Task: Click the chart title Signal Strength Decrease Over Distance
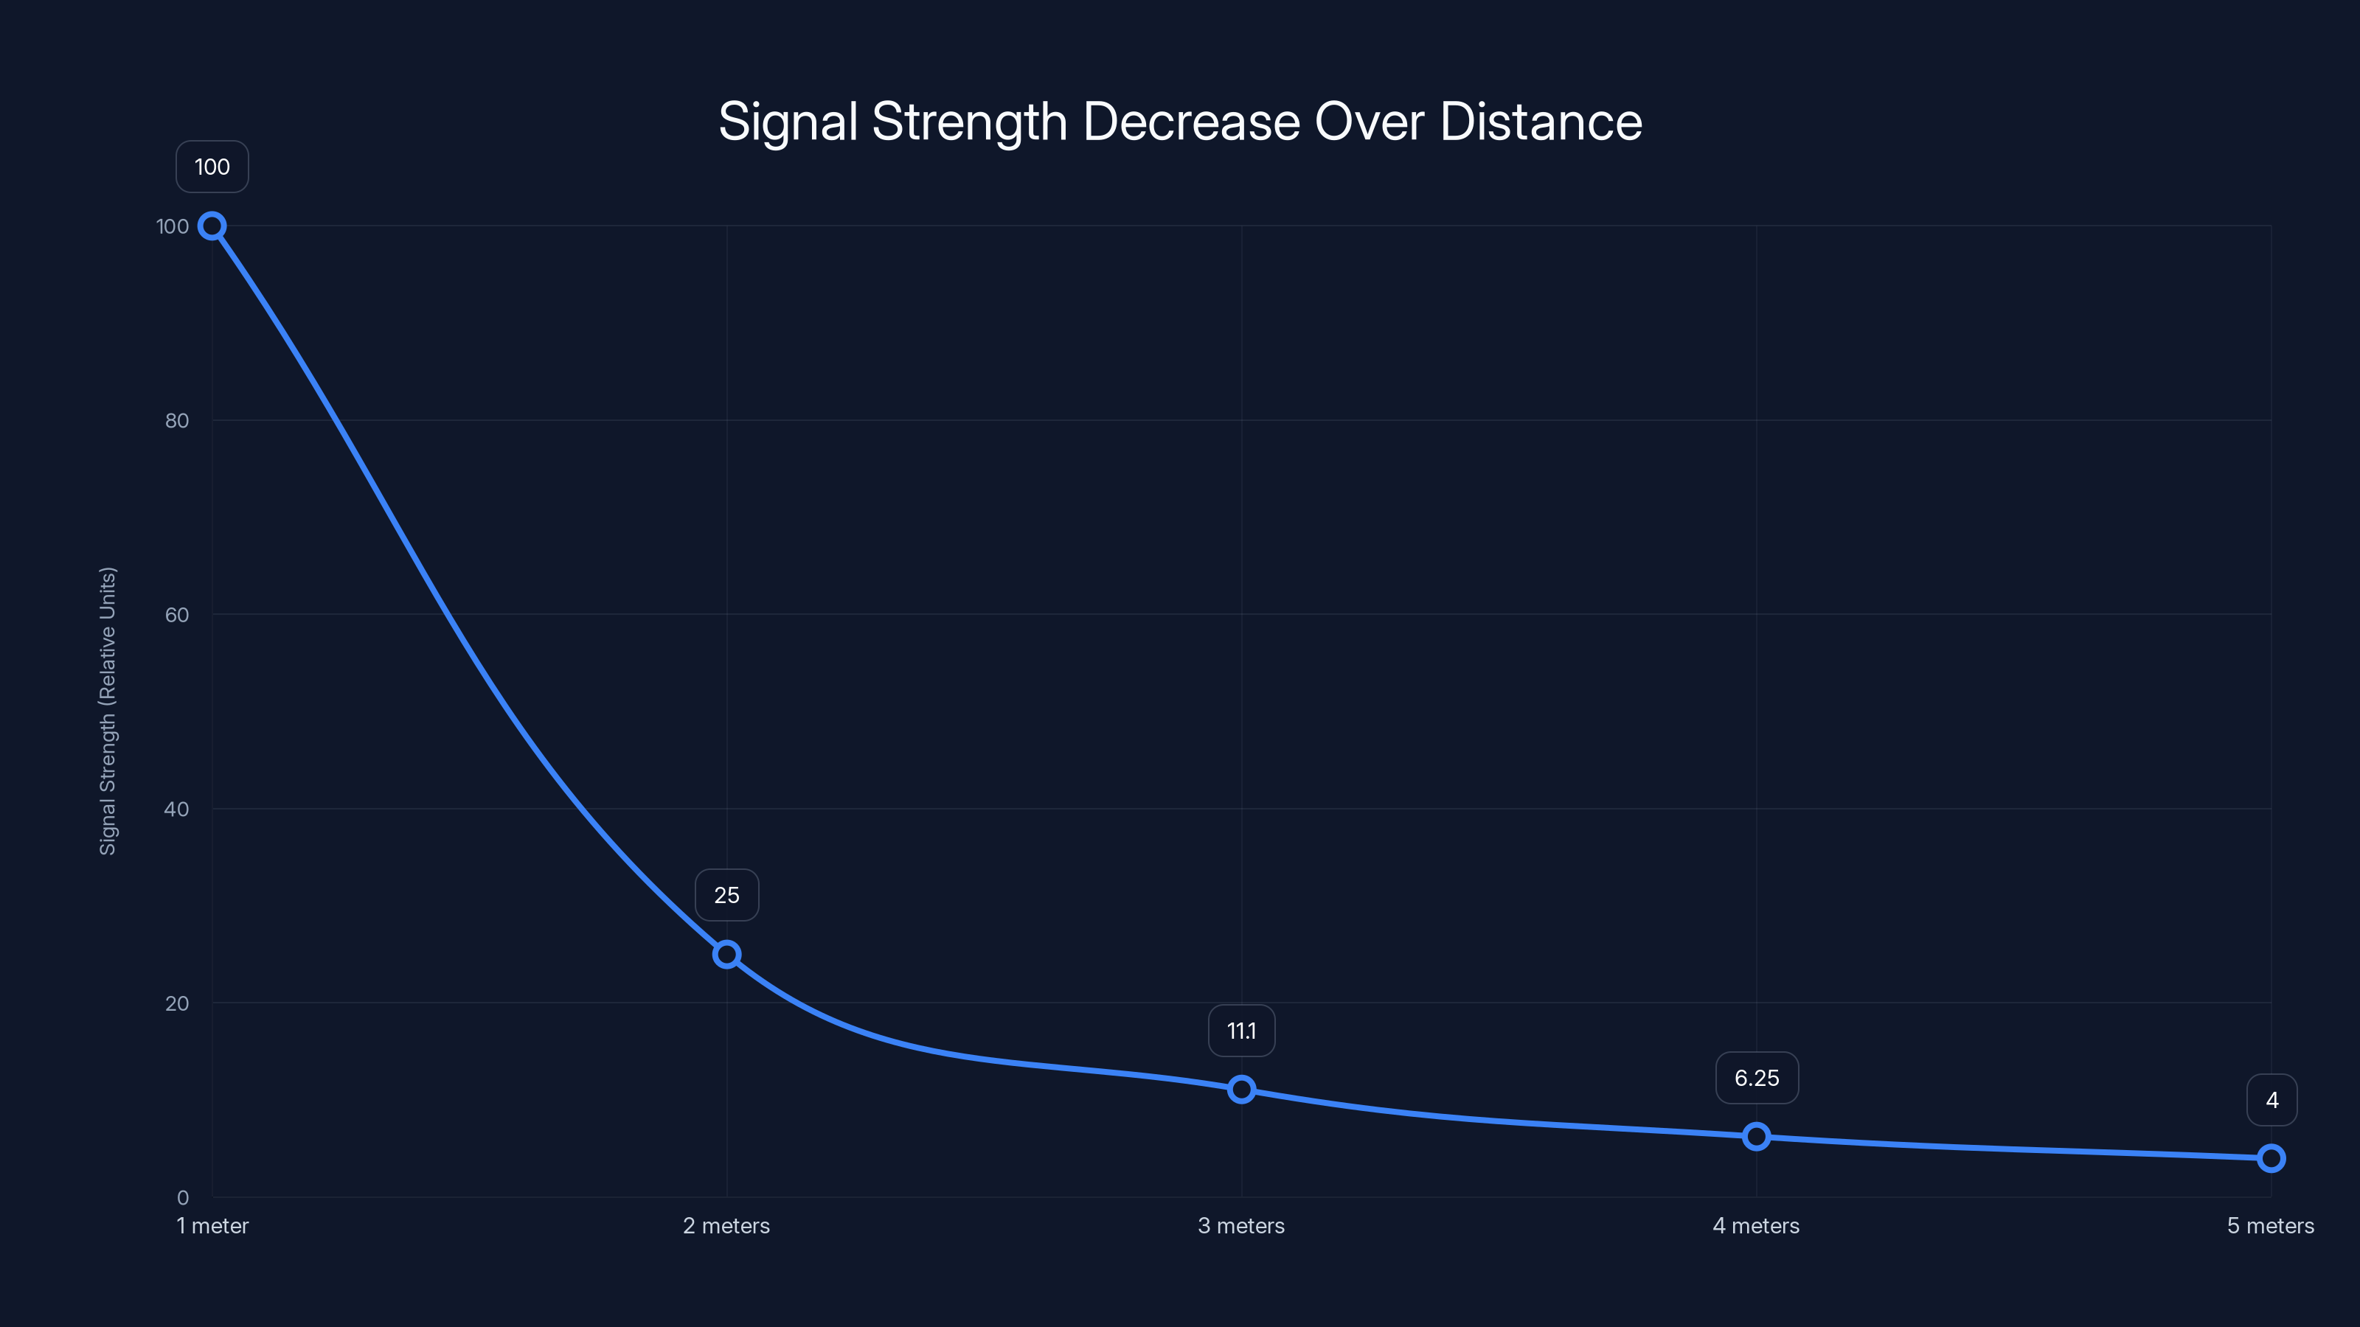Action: click(1180, 121)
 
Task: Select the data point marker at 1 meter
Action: click(212, 226)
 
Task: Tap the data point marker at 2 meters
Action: click(726, 954)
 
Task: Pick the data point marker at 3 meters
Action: click(1241, 1089)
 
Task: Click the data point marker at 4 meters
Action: click(1756, 1137)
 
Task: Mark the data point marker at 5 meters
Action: click(2271, 1158)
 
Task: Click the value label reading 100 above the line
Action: click(212, 167)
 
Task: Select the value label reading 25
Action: click(726, 895)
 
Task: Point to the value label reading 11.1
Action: click(1241, 1031)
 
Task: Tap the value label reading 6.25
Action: click(1756, 1078)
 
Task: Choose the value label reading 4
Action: click(2272, 1100)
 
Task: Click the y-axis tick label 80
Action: click(177, 420)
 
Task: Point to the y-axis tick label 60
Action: click(177, 615)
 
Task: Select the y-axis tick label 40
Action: click(177, 809)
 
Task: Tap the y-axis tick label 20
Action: click(177, 1003)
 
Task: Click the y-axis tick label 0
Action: click(182, 1197)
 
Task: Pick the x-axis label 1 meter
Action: click(212, 1225)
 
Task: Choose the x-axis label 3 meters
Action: click(1241, 1225)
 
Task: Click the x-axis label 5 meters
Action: click(2270, 1225)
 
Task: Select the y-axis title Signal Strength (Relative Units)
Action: click(108, 711)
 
